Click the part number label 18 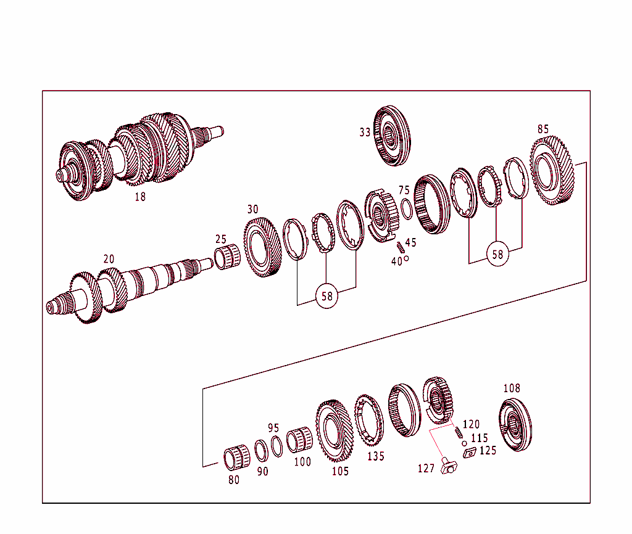140,197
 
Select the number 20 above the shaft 109,259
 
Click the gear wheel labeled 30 263,247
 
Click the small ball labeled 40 406,258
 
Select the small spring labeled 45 400,247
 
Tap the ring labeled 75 407,209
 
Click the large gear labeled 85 552,170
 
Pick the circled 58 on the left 327,296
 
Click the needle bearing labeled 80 236,458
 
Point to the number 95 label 274,428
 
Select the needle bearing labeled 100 298,439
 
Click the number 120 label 471,424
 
